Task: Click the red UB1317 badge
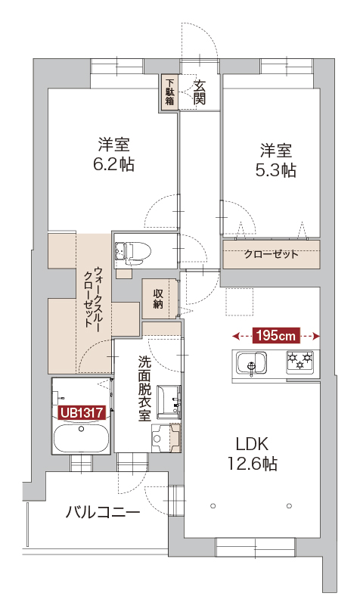tap(81, 412)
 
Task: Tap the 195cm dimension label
tap(276, 336)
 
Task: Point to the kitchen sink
tap(251, 364)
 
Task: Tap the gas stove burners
tap(300, 361)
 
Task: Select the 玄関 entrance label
tap(200, 92)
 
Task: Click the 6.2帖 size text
tap(113, 165)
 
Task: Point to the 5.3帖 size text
tap(276, 170)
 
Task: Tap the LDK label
tap(252, 444)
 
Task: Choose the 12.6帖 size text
tap(252, 464)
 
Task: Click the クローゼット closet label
tap(272, 254)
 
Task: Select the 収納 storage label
tap(158, 299)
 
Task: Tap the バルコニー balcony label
tap(102, 512)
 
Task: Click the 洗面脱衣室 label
tap(144, 389)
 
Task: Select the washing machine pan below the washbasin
tap(166, 437)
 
